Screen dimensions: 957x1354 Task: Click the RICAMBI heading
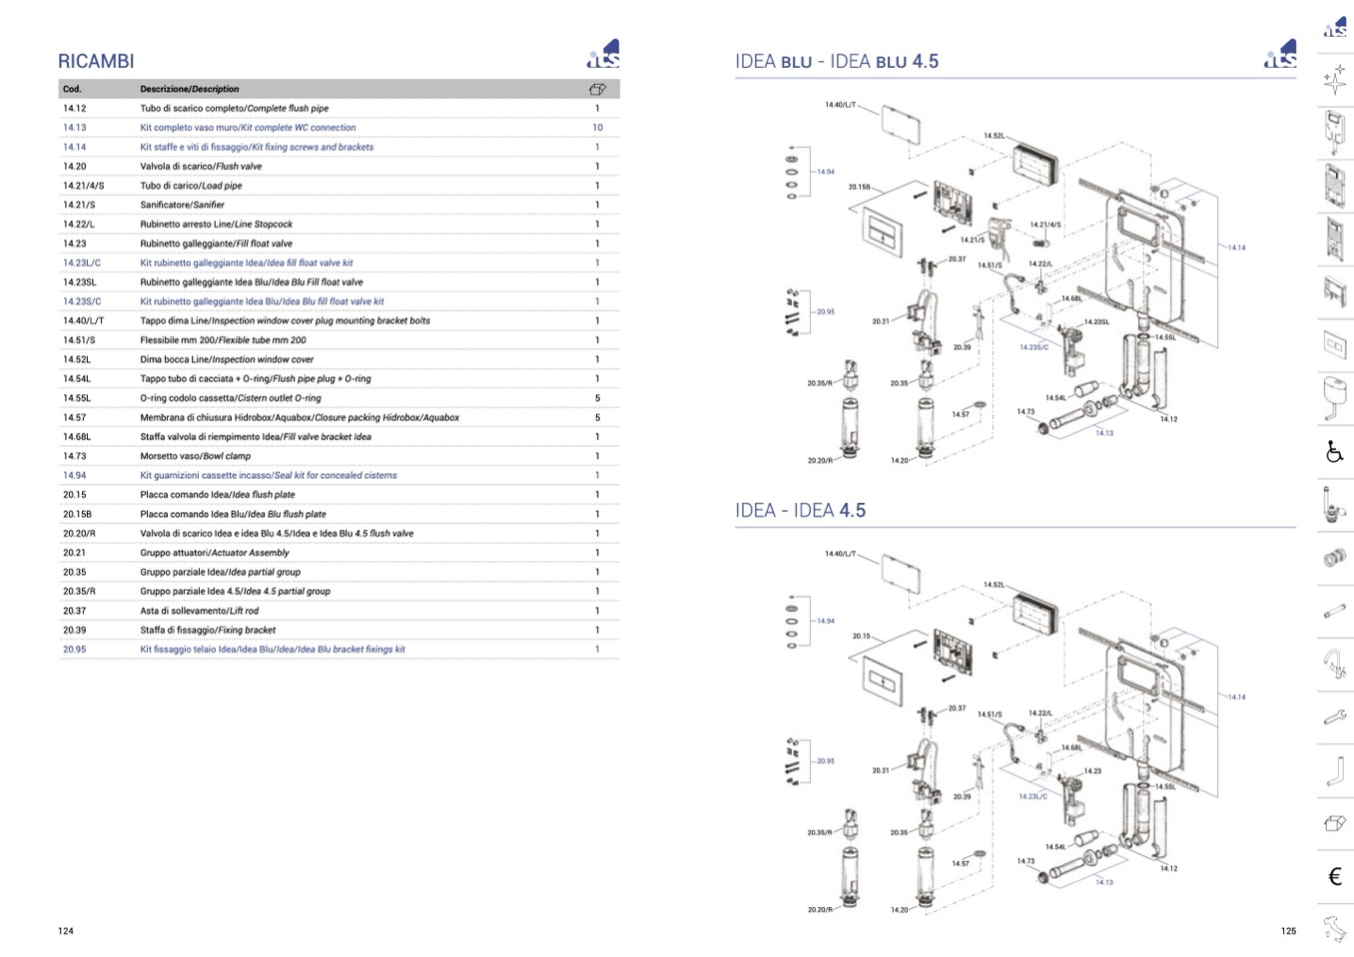pyautogui.click(x=96, y=61)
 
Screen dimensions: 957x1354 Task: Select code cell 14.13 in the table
pyautogui.click(x=75, y=128)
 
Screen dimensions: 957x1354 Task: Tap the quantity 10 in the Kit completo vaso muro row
pyautogui.click(x=597, y=128)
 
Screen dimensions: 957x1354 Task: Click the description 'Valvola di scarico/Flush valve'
pyautogui.click(x=201, y=167)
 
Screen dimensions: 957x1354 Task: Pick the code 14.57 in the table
pyautogui.click(x=75, y=417)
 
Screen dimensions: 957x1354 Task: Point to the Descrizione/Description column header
pyautogui.click(x=190, y=89)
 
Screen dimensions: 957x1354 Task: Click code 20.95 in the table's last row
pyautogui.click(x=75, y=649)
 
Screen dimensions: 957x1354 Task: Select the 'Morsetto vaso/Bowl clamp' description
pyautogui.click(x=196, y=456)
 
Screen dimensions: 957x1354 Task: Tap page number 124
pyautogui.click(x=66, y=931)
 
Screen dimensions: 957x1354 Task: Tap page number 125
pyautogui.click(x=1288, y=931)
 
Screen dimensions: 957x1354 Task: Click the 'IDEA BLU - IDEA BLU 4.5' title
pyautogui.click(x=837, y=62)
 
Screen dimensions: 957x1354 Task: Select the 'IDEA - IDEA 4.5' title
pyautogui.click(x=800, y=511)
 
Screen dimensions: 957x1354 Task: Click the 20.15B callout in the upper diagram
pyautogui.click(x=860, y=187)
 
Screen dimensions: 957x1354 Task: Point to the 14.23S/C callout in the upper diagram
pyautogui.click(x=1033, y=347)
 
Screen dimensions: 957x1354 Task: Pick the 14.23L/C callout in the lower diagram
pyautogui.click(x=1033, y=796)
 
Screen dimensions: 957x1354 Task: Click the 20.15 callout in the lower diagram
pyautogui.click(x=861, y=636)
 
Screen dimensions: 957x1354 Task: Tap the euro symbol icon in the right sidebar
pyautogui.click(x=1335, y=877)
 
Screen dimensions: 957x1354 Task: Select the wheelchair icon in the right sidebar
pyautogui.click(x=1335, y=452)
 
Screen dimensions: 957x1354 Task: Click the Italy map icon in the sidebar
pyautogui.click(x=1335, y=928)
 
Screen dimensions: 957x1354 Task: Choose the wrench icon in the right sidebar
pyautogui.click(x=1335, y=717)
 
